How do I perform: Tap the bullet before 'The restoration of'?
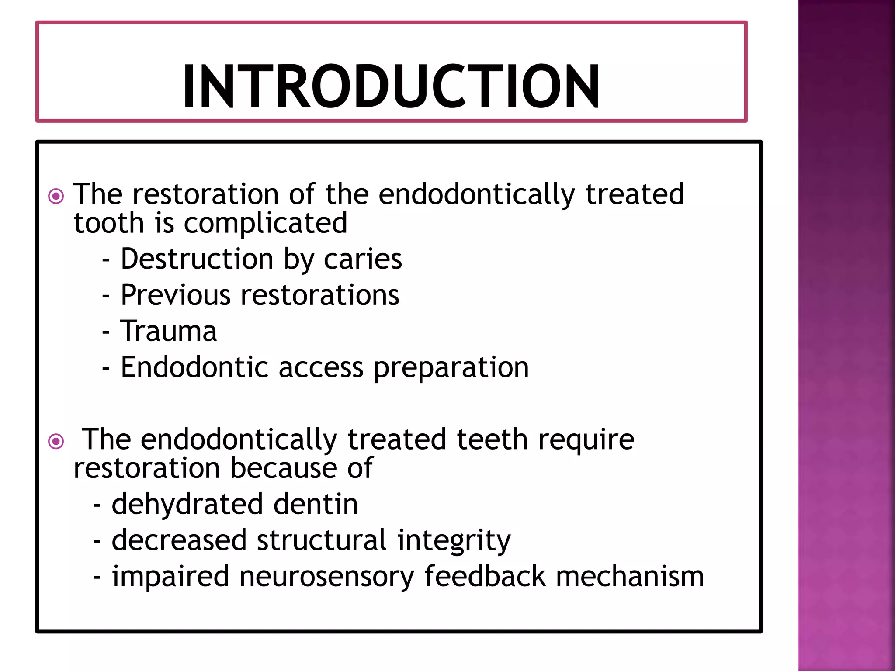[x=56, y=196]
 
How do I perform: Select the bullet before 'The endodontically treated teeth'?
[x=56, y=441]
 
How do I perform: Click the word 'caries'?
[x=363, y=259]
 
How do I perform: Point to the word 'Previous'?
[x=175, y=295]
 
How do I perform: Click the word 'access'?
[x=321, y=367]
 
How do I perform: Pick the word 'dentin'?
[x=316, y=504]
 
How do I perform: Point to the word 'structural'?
[x=322, y=540]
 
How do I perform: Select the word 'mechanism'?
[x=630, y=576]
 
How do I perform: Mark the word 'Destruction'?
[x=197, y=259]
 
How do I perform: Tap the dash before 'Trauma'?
[x=105, y=332]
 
